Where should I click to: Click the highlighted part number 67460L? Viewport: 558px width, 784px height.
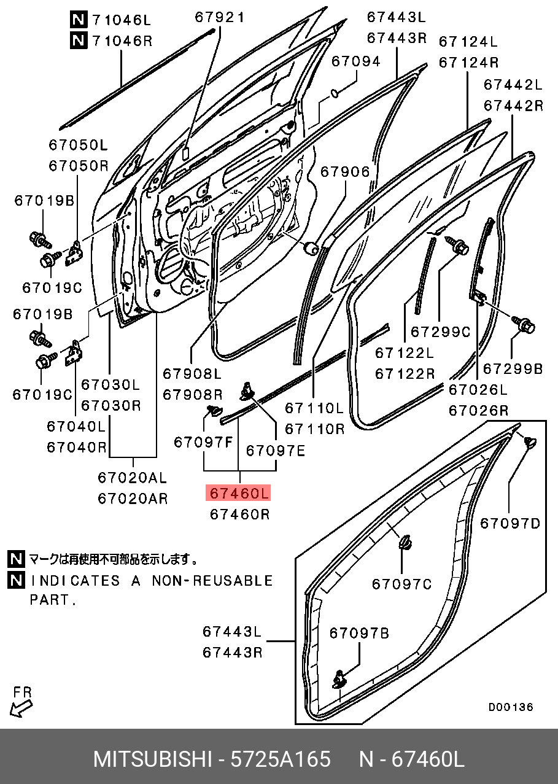tap(239, 493)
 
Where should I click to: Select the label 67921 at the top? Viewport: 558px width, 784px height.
tap(219, 17)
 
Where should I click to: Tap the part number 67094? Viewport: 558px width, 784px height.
tap(356, 61)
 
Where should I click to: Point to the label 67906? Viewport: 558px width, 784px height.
tap(345, 172)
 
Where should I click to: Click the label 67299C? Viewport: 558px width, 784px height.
tap(440, 332)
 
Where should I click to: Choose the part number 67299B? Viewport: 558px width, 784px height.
tap(513, 368)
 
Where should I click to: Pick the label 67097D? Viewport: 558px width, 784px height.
tap(510, 523)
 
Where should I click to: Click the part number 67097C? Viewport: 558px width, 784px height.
tap(402, 583)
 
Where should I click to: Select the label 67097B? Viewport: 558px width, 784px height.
tap(359, 633)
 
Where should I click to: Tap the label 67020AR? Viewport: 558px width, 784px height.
tap(133, 499)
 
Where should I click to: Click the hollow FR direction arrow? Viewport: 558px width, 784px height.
tap(21, 708)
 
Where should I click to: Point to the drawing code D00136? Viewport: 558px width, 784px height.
tap(511, 707)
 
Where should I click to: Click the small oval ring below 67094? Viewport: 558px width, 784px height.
tap(335, 93)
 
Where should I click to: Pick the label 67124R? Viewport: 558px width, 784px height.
tap(468, 62)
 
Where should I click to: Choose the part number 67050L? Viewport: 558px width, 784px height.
tap(78, 145)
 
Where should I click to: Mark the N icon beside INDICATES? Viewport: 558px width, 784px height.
tap(16, 580)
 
